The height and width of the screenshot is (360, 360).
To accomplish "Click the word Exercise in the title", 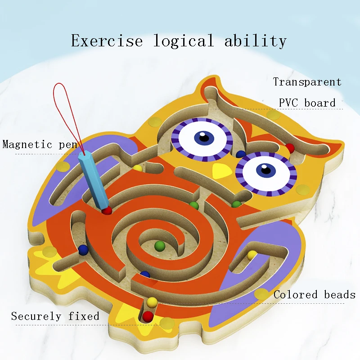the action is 107,40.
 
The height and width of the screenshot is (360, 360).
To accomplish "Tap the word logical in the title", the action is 184,41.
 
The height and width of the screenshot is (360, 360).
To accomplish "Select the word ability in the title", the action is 256,41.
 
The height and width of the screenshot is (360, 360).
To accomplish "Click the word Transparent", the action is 307,82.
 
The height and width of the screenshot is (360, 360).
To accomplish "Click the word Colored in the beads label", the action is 296,295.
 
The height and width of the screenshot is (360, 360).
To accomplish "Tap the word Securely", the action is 36,316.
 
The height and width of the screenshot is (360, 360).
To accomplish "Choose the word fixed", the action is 84,316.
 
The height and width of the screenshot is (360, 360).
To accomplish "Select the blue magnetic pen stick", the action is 93,180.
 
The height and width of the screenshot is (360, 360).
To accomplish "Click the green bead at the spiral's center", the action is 160,246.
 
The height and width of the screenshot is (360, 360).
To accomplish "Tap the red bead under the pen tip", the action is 107,210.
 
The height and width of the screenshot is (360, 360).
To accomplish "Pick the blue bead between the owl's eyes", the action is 240,154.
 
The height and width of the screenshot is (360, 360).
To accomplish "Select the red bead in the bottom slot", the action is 148,316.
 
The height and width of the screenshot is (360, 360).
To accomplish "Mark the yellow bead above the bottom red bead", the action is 152,302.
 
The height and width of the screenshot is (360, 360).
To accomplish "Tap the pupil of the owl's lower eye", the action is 266,170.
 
